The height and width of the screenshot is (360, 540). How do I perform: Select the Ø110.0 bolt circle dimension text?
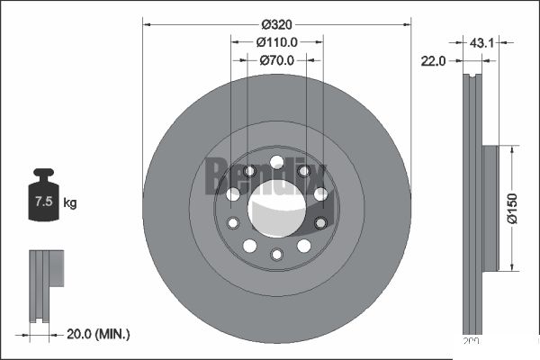[277, 42]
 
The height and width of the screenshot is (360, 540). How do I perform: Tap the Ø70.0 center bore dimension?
[277, 61]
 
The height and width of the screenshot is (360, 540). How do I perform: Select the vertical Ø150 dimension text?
[512, 208]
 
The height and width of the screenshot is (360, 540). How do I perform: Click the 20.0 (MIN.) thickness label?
[99, 334]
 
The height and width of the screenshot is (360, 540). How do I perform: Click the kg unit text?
[69, 203]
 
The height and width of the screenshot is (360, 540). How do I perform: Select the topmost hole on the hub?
[277, 162]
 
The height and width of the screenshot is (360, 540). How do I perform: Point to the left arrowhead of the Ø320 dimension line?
[147, 23]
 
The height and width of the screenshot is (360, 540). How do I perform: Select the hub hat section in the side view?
[490, 208]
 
